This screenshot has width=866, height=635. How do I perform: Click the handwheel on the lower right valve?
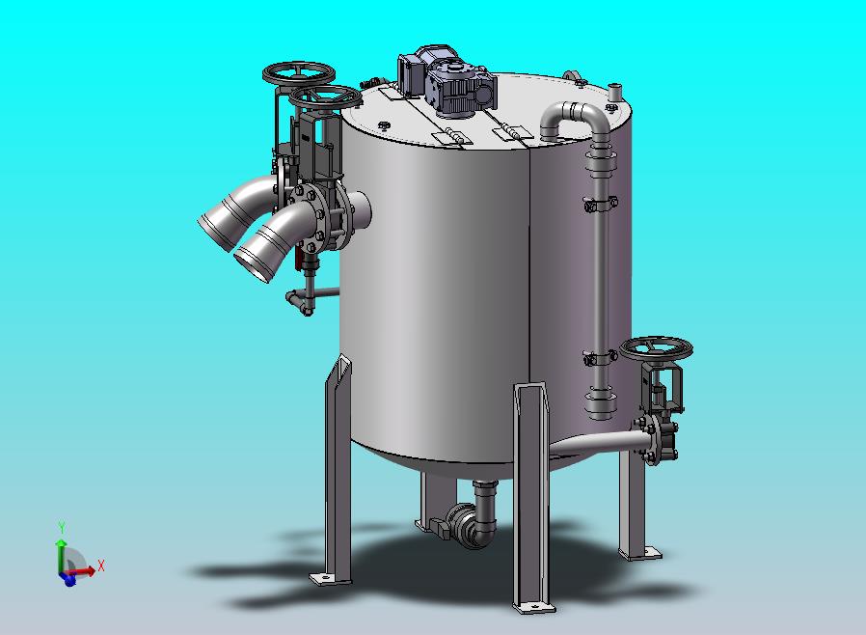coord(656,348)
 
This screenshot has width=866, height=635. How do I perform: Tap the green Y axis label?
coord(63,527)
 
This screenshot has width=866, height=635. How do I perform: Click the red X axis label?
coord(101,566)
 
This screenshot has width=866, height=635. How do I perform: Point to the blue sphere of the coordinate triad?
coord(69,580)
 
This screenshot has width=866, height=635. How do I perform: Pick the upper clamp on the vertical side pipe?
coord(601,204)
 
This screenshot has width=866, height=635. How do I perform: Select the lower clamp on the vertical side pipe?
coord(601,358)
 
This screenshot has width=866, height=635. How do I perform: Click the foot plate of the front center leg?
coord(533,607)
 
